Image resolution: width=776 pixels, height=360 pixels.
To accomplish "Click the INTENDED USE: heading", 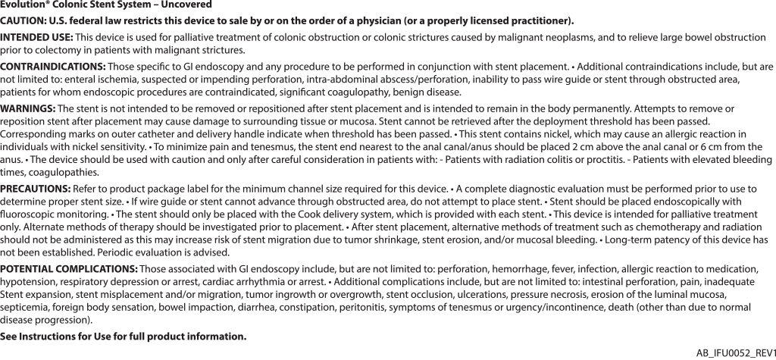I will [36, 37].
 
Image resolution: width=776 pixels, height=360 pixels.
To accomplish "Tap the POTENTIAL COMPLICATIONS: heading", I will [69, 269].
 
